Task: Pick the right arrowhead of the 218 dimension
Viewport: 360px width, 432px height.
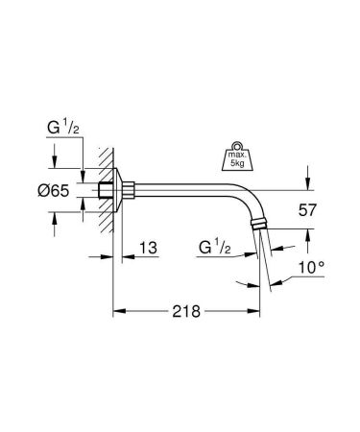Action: click(x=256, y=311)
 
